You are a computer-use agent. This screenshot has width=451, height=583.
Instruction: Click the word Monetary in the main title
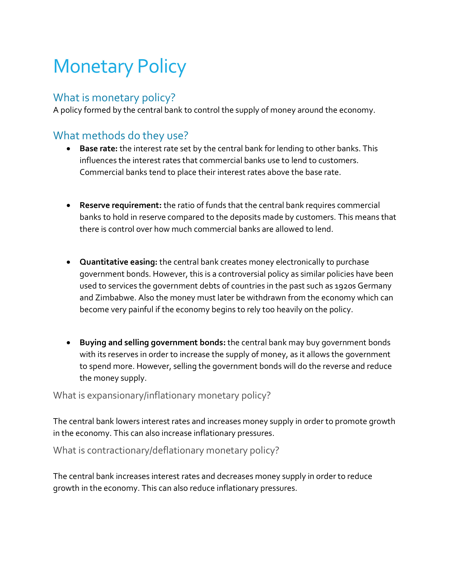(93, 66)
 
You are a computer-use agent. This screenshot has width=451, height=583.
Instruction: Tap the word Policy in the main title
(162, 66)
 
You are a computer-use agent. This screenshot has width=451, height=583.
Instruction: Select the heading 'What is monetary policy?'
(114, 98)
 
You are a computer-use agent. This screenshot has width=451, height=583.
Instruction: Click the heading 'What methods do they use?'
(120, 136)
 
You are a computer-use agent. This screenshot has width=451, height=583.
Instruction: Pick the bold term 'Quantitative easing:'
(118, 262)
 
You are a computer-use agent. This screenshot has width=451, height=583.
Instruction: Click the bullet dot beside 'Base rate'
(69, 149)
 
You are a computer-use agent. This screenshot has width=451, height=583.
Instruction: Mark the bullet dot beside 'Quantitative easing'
(69, 262)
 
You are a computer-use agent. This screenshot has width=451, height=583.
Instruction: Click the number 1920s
(345, 286)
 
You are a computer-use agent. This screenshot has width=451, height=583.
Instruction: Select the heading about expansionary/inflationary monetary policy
(162, 395)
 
